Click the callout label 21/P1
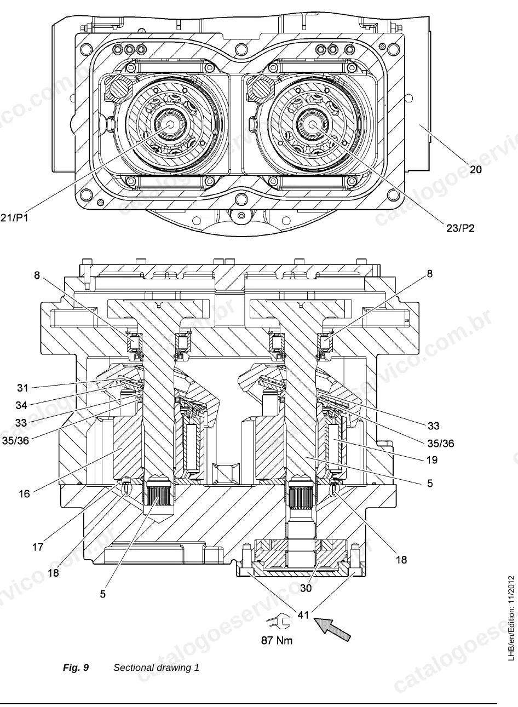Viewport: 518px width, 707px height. pos(14,218)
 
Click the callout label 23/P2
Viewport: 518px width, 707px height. pos(461,228)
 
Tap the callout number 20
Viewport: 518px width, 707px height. pos(476,170)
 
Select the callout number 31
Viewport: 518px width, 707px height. pos(23,388)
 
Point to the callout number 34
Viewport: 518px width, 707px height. pos(21,405)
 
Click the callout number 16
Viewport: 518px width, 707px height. pos(24,493)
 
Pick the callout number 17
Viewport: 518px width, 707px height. pos(38,547)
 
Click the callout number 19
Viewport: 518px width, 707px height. pos(432,459)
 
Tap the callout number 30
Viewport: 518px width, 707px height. pos(306,588)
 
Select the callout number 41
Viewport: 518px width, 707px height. pos(303,615)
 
